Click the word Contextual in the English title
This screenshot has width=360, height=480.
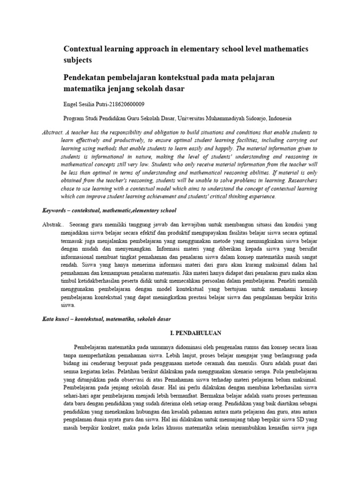click(82, 49)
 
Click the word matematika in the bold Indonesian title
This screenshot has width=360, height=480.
click(83, 88)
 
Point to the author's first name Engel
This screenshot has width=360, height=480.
click(70, 104)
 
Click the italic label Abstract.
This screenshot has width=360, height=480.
click(52, 133)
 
